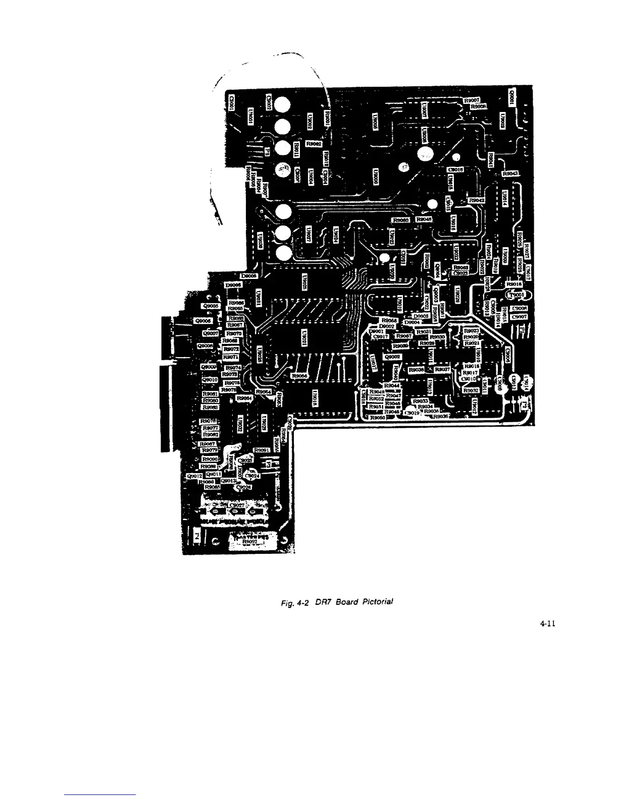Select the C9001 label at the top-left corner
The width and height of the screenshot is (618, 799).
pos(232,103)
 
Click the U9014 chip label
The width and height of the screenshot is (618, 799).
pos(503,199)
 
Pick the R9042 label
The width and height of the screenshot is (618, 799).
pos(477,200)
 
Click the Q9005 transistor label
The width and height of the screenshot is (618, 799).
pos(210,306)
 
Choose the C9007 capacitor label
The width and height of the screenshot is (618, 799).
pos(519,317)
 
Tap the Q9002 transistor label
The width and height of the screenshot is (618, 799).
pos(392,356)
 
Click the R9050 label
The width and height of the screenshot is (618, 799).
pos(378,418)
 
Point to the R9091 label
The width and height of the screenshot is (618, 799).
pos(263,450)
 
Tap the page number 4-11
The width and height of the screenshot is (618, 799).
pos(547,623)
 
